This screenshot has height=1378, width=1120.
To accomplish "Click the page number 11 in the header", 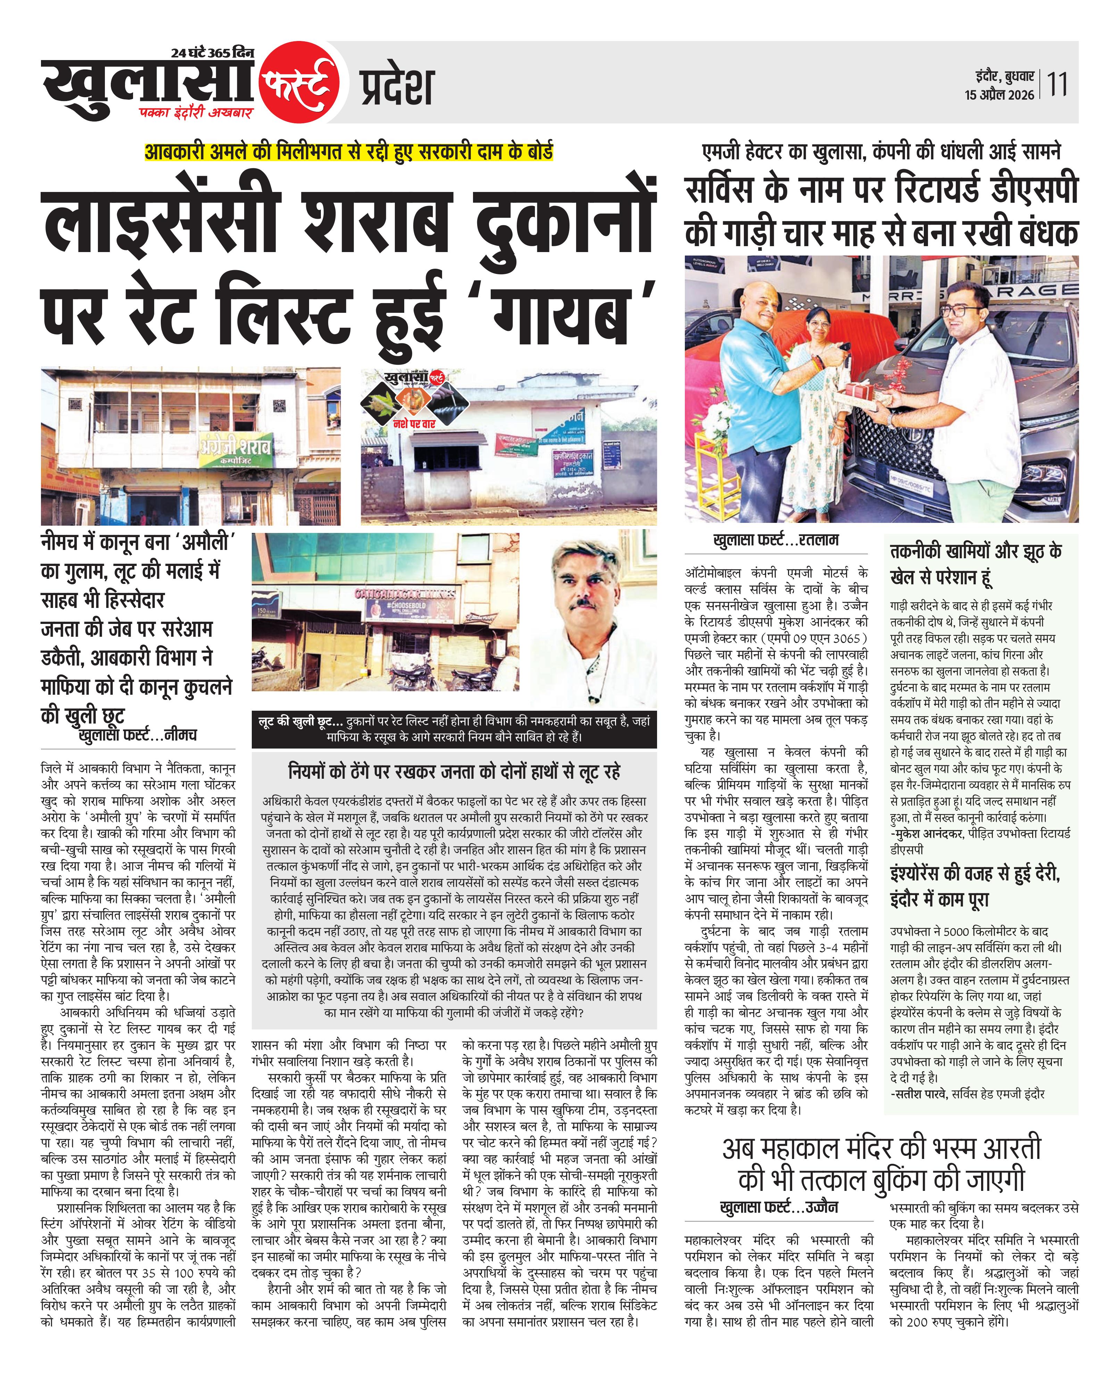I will point(1057,84).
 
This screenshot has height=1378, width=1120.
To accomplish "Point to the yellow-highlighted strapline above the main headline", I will point(348,152).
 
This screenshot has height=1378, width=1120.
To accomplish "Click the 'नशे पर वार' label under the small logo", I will point(415,424).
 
